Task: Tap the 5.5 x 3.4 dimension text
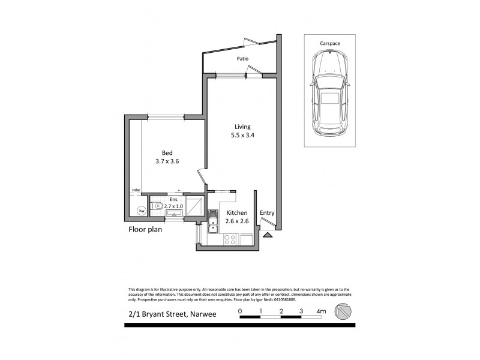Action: point(242,136)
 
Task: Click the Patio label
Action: point(242,59)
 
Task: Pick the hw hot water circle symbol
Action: point(142,211)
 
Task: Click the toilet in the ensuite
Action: point(157,205)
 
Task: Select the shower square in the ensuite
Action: point(194,205)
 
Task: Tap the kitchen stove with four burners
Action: point(229,239)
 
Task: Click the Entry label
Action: point(266,212)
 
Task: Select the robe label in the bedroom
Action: point(136,190)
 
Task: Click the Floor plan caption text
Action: point(145,229)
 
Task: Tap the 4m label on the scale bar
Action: point(322,311)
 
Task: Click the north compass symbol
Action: point(344,312)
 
